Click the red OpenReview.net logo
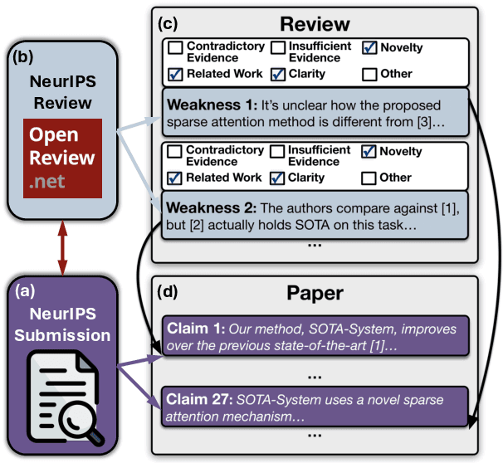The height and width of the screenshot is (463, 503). click(62, 158)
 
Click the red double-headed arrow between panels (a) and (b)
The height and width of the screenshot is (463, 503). click(62, 248)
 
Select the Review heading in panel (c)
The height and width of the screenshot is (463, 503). click(315, 24)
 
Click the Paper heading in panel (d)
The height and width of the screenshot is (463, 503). click(315, 293)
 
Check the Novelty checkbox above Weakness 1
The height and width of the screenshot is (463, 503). click(369, 47)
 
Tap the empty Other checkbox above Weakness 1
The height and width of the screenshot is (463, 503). click(369, 74)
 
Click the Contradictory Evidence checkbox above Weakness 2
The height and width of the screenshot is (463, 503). click(175, 151)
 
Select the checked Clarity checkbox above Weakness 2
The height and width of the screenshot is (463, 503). click(277, 178)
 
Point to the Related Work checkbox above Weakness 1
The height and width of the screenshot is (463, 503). click(175, 74)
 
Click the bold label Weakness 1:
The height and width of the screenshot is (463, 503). click(212, 105)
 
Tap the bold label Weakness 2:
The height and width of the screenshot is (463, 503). click(211, 207)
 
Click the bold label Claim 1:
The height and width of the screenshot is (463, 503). click(196, 329)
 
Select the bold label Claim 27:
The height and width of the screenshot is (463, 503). click(199, 399)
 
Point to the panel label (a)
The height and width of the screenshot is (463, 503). click(25, 290)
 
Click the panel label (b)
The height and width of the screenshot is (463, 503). click(22, 56)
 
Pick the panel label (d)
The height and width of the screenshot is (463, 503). click(168, 291)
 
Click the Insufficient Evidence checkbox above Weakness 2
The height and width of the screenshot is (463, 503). click(277, 151)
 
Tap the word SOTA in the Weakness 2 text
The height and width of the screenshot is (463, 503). click(312, 225)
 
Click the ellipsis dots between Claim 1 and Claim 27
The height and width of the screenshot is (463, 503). click(315, 377)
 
